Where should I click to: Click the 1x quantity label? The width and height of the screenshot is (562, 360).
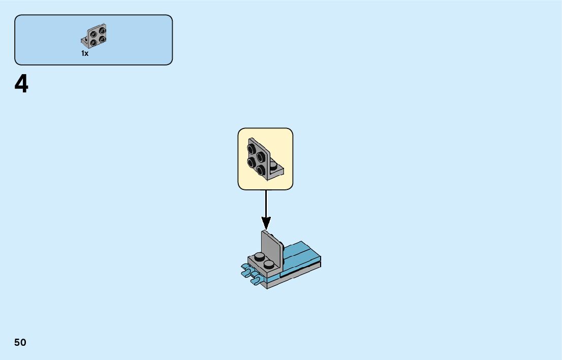pyautogui.click(x=85, y=53)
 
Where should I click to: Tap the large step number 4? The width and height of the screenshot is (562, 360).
pyautogui.click(x=21, y=85)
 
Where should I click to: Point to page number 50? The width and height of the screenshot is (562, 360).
pyautogui.click(x=20, y=343)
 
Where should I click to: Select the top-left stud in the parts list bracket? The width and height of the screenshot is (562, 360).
pyautogui.click(x=94, y=34)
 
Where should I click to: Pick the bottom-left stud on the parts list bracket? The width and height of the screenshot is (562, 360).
pyautogui.click(x=94, y=42)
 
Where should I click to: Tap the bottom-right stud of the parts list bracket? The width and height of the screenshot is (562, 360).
pyautogui.click(x=102, y=39)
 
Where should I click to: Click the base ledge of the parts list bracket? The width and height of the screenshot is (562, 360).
pyautogui.click(x=84, y=41)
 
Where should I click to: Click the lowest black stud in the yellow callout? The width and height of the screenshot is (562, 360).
pyautogui.click(x=261, y=169)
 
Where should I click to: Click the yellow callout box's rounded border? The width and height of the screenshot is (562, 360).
pyautogui.click(x=238, y=159)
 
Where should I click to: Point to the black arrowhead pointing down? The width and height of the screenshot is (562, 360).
pyautogui.click(x=266, y=222)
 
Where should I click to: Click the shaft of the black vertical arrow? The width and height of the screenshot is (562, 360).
pyautogui.click(x=266, y=203)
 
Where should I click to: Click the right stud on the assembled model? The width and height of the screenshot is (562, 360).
pyautogui.click(x=269, y=264)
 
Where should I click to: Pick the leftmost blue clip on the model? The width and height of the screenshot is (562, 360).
pyautogui.click(x=245, y=273)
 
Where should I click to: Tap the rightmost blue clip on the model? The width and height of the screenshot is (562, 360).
pyautogui.click(x=257, y=279)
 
